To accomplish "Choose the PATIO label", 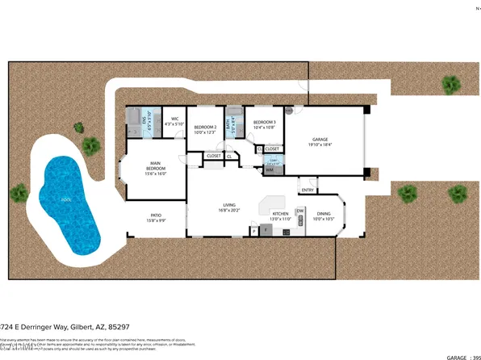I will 156,216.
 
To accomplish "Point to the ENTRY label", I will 307,190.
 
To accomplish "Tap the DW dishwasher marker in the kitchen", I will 299,211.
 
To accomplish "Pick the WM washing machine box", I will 270,170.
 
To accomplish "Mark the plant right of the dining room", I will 409,192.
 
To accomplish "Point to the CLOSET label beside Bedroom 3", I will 272,149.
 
